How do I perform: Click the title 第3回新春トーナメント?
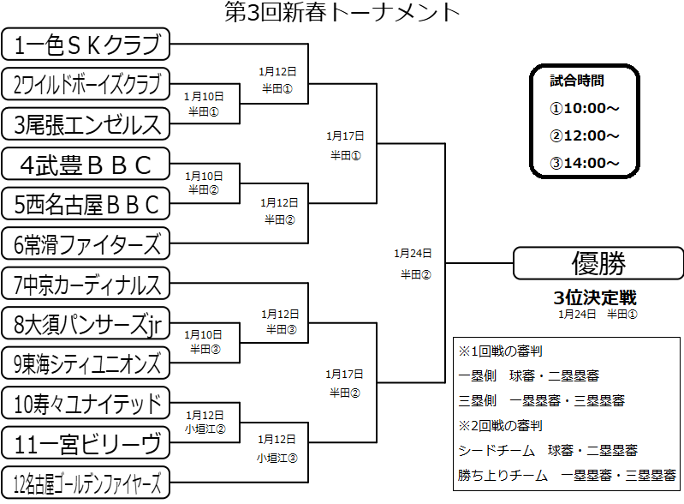click(x=342, y=12)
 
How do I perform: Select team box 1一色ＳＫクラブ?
click(x=86, y=43)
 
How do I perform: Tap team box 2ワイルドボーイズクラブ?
click(x=86, y=84)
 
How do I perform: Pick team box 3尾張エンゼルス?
click(x=86, y=123)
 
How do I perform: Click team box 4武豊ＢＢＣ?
click(x=86, y=164)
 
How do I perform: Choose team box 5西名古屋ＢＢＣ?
click(x=86, y=204)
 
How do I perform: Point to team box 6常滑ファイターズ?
click(x=86, y=244)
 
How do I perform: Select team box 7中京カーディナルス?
click(x=86, y=284)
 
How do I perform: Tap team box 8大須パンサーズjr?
click(x=86, y=324)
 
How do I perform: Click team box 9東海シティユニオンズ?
click(x=86, y=363)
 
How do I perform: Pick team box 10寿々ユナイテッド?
click(x=86, y=404)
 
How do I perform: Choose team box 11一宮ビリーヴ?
click(x=86, y=443)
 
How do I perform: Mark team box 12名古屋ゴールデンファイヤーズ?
click(x=86, y=483)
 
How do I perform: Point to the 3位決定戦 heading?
click(x=595, y=298)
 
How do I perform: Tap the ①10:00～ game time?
click(x=585, y=108)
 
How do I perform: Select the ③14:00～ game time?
click(x=585, y=163)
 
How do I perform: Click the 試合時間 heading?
click(x=577, y=81)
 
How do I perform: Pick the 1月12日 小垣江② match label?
click(x=205, y=422)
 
